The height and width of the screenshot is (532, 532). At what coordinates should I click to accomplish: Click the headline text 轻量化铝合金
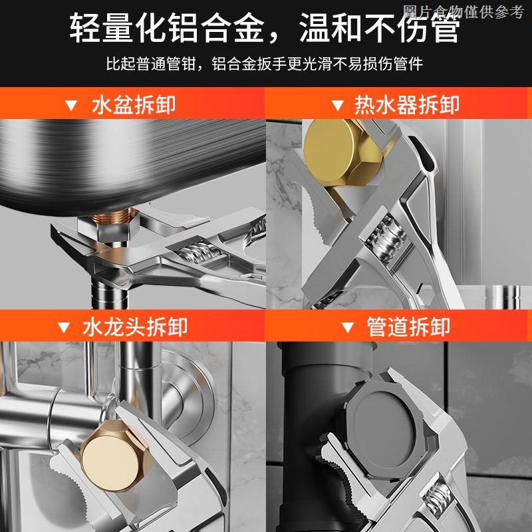click(167, 28)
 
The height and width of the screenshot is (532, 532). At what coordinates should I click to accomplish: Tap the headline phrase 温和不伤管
click(379, 28)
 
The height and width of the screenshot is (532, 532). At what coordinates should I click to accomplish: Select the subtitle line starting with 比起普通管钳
click(265, 64)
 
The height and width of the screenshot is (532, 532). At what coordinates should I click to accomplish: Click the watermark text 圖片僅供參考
click(464, 12)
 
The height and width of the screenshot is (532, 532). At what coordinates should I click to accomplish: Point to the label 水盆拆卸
click(134, 104)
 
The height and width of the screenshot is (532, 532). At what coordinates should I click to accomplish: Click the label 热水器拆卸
click(407, 104)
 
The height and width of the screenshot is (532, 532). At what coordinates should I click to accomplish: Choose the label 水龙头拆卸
click(135, 327)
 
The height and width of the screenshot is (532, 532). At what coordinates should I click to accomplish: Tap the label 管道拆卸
click(408, 327)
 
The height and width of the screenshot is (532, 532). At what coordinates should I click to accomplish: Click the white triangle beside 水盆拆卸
click(71, 106)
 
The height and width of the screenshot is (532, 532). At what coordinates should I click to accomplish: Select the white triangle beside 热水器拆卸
click(337, 106)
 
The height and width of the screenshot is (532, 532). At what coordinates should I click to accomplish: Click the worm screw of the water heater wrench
click(388, 240)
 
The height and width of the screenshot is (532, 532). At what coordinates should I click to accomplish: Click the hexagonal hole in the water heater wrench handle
click(425, 291)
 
